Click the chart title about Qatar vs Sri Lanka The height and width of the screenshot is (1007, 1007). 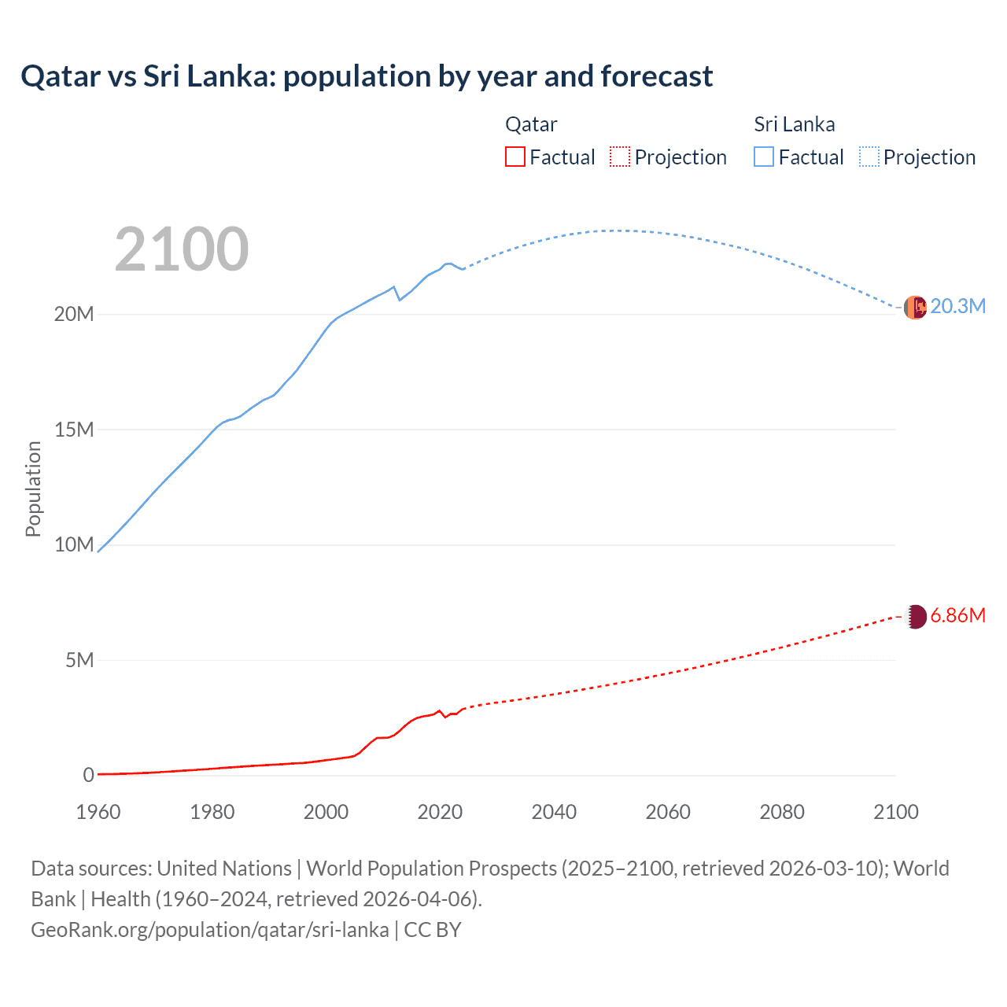tap(367, 76)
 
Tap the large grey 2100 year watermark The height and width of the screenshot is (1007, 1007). tap(182, 249)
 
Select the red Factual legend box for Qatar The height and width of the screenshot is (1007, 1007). tap(515, 157)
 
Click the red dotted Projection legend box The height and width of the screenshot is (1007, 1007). tap(620, 157)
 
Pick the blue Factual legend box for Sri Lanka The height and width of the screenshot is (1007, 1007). tap(764, 157)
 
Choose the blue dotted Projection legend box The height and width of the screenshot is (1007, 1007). tap(869, 157)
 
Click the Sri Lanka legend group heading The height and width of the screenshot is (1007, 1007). tap(794, 124)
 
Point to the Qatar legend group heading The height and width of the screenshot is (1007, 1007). tap(531, 124)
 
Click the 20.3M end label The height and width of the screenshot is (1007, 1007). tap(957, 307)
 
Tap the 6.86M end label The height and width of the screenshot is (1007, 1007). tap(957, 615)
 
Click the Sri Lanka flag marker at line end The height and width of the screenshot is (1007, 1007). tap(915, 308)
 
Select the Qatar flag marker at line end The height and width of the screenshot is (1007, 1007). tap(915, 617)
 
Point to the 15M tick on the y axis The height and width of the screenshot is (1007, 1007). tap(74, 430)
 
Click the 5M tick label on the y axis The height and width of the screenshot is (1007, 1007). tap(79, 660)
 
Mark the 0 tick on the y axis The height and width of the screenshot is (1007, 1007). tap(88, 775)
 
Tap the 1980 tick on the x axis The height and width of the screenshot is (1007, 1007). tap(212, 812)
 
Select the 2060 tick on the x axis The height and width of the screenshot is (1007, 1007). tap(668, 812)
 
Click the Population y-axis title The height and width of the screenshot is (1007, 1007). tap(33, 489)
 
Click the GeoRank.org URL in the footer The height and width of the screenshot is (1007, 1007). tap(210, 930)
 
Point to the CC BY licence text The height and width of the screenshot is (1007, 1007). tap(433, 930)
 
